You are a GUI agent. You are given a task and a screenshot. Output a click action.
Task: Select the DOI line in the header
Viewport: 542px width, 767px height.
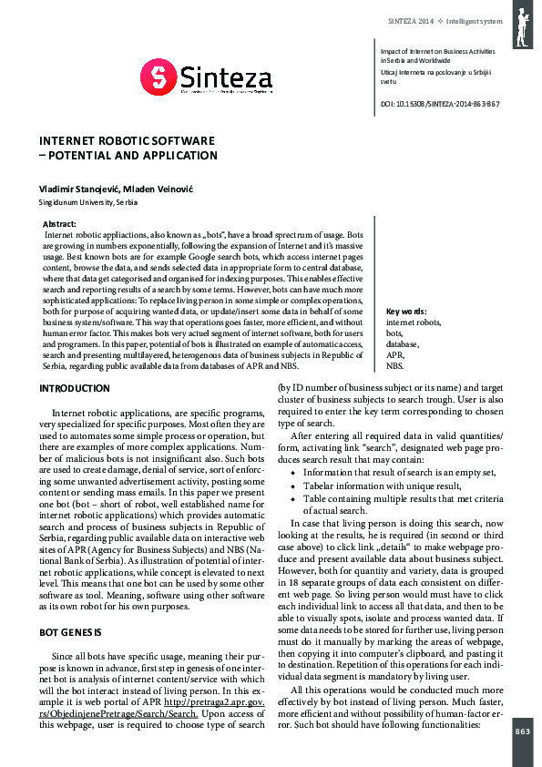click(438, 104)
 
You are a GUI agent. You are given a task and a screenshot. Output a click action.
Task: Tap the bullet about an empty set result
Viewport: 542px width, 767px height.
click(399, 473)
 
